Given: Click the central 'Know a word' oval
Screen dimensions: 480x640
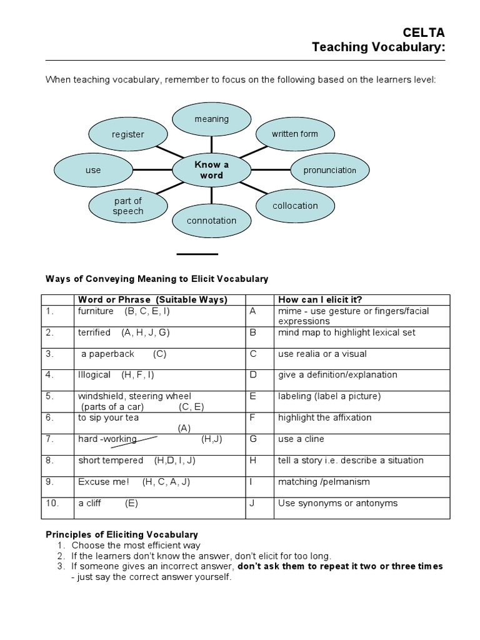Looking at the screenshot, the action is [x=211, y=170].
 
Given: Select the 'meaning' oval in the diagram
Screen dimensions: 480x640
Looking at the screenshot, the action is [x=212, y=119].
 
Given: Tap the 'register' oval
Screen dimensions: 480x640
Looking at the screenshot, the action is [x=127, y=134].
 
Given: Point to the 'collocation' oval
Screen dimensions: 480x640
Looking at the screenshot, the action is [x=295, y=206].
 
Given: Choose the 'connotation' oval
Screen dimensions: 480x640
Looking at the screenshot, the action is [x=211, y=221].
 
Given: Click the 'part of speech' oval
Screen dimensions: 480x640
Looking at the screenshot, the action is [x=128, y=206].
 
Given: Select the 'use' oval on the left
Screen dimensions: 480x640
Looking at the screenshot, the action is [x=93, y=170].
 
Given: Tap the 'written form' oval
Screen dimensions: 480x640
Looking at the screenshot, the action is [x=294, y=134].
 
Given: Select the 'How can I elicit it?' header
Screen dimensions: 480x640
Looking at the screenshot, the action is [x=320, y=299].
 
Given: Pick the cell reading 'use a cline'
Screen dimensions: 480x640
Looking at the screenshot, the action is [x=301, y=439].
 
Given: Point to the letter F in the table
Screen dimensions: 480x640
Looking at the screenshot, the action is [x=253, y=417].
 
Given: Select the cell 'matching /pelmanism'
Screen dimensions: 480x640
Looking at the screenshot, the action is [x=324, y=482].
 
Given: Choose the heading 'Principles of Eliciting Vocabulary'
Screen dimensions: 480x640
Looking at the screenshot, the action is [x=122, y=534].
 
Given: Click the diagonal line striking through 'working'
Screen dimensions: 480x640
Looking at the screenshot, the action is [x=134, y=442].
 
